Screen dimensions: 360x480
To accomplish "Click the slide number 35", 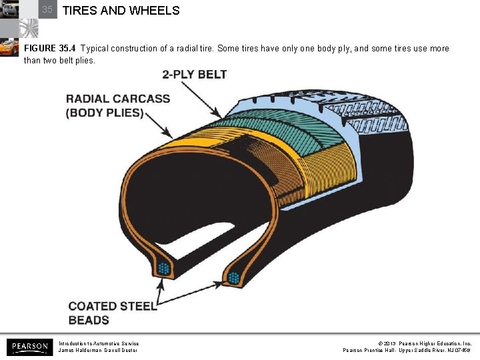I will pyautogui.click(x=47, y=10).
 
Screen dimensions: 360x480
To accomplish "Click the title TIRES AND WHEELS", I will pyautogui.click(x=121, y=11).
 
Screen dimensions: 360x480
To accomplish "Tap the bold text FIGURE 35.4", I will pyautogui.click(x=51, y=49).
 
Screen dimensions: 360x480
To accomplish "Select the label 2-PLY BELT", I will pyautogui.click(x=194, y=75).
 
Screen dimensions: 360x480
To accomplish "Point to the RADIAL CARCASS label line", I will pyautogui.click(x=118, y=99).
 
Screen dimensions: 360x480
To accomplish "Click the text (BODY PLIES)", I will pyautogui.click(x=105, y=113).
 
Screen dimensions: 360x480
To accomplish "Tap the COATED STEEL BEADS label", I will pyautogui.click(x=112, y=313).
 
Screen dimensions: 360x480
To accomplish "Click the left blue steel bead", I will pyautogui.click(x=163, y=269).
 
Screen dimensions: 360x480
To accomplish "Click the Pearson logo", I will pyautogui.click(x=29, y=346).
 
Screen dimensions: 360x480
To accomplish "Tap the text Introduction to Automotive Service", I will pyautogui.click(x=99, y=343).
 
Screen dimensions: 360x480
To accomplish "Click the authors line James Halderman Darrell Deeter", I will pyautogui.click(x=98, y=350).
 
